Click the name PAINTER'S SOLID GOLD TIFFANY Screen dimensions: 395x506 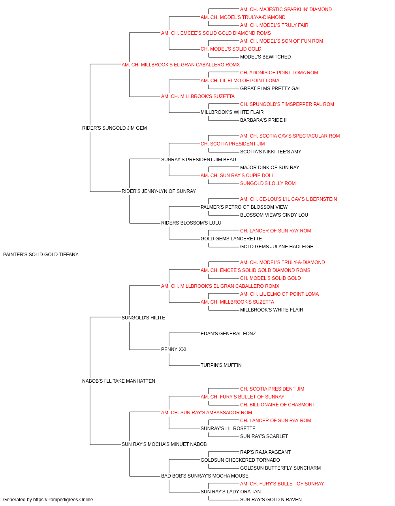(41, 255)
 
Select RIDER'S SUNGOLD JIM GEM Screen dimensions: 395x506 (115, 128)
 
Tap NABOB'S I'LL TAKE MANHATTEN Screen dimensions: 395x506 (118, 381)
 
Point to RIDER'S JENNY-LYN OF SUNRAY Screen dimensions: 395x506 (159, 191)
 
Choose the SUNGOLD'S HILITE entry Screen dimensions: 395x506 (143, 318)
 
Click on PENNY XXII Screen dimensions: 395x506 (174, 349)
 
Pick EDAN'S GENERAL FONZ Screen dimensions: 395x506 (228, 334)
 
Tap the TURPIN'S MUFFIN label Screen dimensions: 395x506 (221, 365)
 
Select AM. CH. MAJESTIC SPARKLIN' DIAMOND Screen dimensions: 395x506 (286, 9)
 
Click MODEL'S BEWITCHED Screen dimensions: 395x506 (265, 57)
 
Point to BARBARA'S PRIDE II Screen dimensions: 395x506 (263, 120)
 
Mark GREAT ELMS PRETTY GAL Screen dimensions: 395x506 (271, 89)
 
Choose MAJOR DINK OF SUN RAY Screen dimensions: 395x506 (270, 168)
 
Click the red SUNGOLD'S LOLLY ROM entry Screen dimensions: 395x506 (268, 183)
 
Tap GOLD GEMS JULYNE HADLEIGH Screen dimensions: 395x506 (277, 247)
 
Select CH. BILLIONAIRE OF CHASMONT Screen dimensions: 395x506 (278, 405)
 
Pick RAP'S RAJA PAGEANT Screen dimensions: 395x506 (265, 452)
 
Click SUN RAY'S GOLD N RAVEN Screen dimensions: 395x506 (271, 500)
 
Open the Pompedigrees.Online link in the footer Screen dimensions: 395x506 (63, 500)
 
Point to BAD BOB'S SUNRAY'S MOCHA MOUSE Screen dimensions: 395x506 (205, 476)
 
